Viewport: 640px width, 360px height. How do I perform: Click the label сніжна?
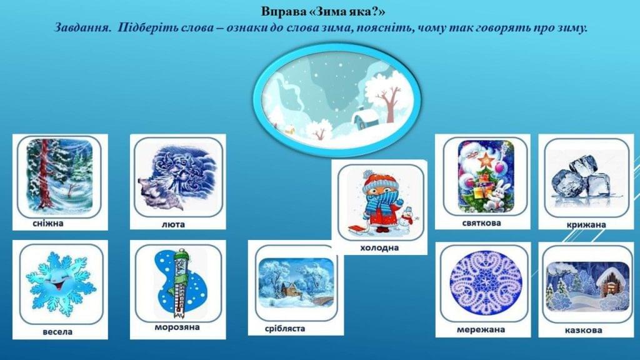point(48,223)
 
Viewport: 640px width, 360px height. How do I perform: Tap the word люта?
point(173,224)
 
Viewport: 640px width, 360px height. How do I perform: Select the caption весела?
point(57,332)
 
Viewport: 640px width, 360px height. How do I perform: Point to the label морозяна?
point(177,327)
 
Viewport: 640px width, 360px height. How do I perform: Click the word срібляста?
point(285,329)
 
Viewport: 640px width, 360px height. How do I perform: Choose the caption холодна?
point(379,247)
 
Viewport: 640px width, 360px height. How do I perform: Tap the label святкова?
point(482,223)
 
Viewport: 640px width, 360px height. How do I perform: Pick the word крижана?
point(586,224)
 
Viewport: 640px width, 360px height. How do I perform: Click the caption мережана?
point(481,329)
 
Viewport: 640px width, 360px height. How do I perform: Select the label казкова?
point(583,330)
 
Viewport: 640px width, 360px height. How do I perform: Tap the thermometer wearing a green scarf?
point(181,284)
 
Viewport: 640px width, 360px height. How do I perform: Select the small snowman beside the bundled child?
point(406,221)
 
